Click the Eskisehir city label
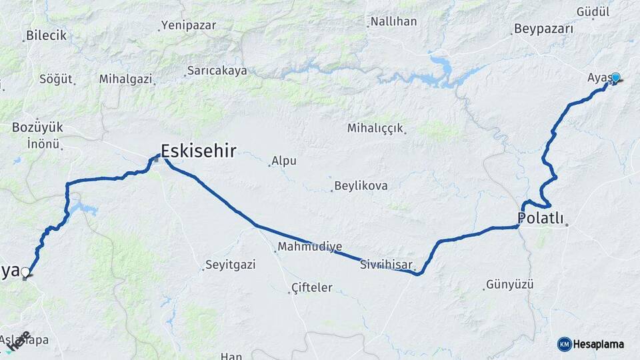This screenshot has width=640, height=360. click(x=198, y=151)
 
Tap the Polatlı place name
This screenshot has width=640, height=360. click(x=541, y=218)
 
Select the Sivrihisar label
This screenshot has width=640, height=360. click(x=387, y=264)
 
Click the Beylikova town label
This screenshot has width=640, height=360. click(x=361, y=185)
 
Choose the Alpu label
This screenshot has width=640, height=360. click(x=283, y=161)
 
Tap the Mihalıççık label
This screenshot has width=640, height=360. click(x=376, y=128)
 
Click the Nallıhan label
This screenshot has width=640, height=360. click(x=393, y=21)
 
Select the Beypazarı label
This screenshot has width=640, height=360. click(x=543, y=29)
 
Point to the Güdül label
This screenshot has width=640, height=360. click(x=593, y=12)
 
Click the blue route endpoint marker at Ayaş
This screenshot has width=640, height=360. click(x=615, y=78)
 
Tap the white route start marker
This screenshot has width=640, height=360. click(x=25, y=272)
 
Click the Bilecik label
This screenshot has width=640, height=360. click(x=47, y=36)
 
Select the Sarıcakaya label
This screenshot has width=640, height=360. click(x=217, y=70)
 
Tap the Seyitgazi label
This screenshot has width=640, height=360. click(x=230, y=265)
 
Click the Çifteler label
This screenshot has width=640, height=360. click(x=312, y=288)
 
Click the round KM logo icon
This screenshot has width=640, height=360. click(x=564, y=344)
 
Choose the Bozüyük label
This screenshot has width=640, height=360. click(x=37, y=127)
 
